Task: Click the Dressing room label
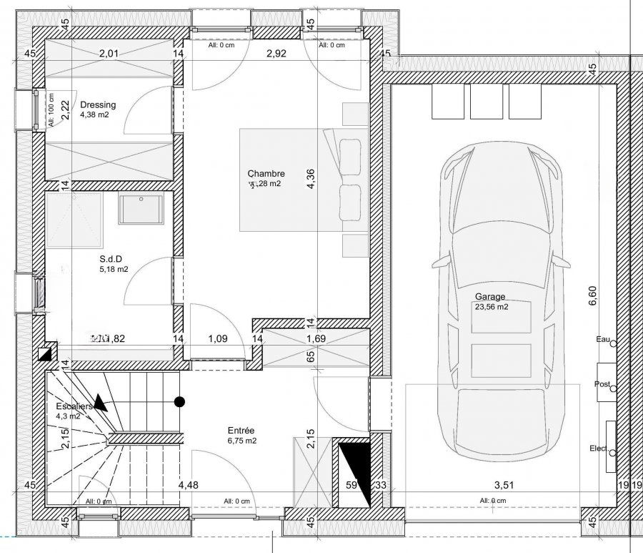click(x=98, y=104)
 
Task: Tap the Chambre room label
click(x=266, y=174)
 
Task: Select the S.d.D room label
click(x=109, y=260)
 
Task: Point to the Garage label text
click(x=490, y=297)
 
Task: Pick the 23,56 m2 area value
click(x=491, y=308)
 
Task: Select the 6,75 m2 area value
click(x=242, y=441)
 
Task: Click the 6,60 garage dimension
click(x=592, y=295)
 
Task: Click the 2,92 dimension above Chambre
click(x=277, y=53)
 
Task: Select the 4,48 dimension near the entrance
click(x=189, y=486)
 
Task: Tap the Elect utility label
click(x=598, y=449)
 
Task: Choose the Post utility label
click(x=602, y=384)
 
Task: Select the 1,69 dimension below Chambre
click(x=316, y=339)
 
